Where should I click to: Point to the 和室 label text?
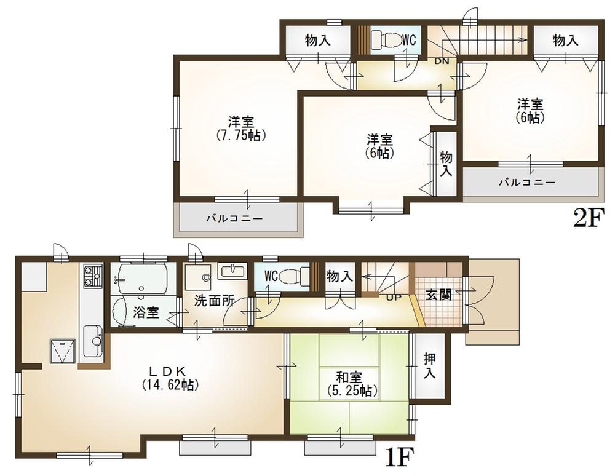coord(349,376)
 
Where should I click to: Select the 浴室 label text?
coord(146,312)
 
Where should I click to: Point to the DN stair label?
coord(442,61)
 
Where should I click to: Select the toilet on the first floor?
coord(292,277)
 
